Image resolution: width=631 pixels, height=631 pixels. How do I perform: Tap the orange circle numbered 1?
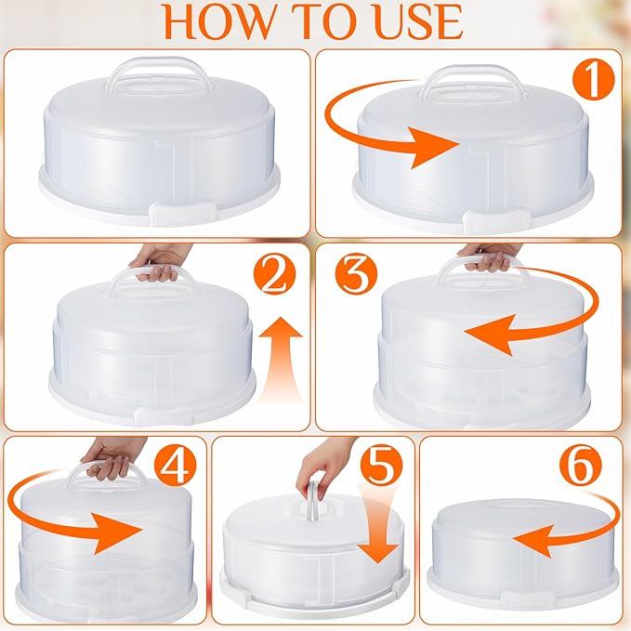click(x=594, y=81)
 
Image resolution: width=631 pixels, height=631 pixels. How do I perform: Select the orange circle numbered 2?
click(x=274, y=275)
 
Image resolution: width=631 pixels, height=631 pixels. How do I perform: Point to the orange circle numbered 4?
click(x=175, y=466)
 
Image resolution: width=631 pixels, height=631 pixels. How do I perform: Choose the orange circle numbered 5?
click(x=382, y=466)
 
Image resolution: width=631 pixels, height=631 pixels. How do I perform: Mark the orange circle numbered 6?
click(x=580, y=466)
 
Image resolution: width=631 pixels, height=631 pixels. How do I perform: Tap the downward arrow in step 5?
click(x=377, y=524)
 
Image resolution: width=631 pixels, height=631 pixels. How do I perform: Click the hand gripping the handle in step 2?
click(x=159, y=262)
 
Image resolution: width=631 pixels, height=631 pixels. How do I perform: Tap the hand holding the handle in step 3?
click(x=489, y=256)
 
